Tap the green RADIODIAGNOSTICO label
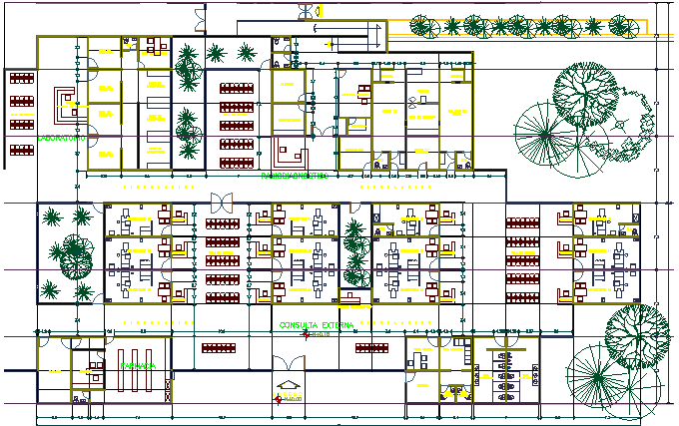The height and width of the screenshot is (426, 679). [x=295, y=176]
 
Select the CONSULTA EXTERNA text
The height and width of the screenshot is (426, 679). [x=319, y=325]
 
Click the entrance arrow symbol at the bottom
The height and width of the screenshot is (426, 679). [x=289, y=385]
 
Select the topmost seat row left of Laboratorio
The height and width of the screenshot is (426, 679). [x=21, y=76]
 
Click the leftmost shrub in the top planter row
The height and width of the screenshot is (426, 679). [x=422, y=25]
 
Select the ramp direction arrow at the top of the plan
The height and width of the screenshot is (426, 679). [x=299, y=9]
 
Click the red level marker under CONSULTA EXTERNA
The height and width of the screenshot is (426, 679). [x=313, y=335]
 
